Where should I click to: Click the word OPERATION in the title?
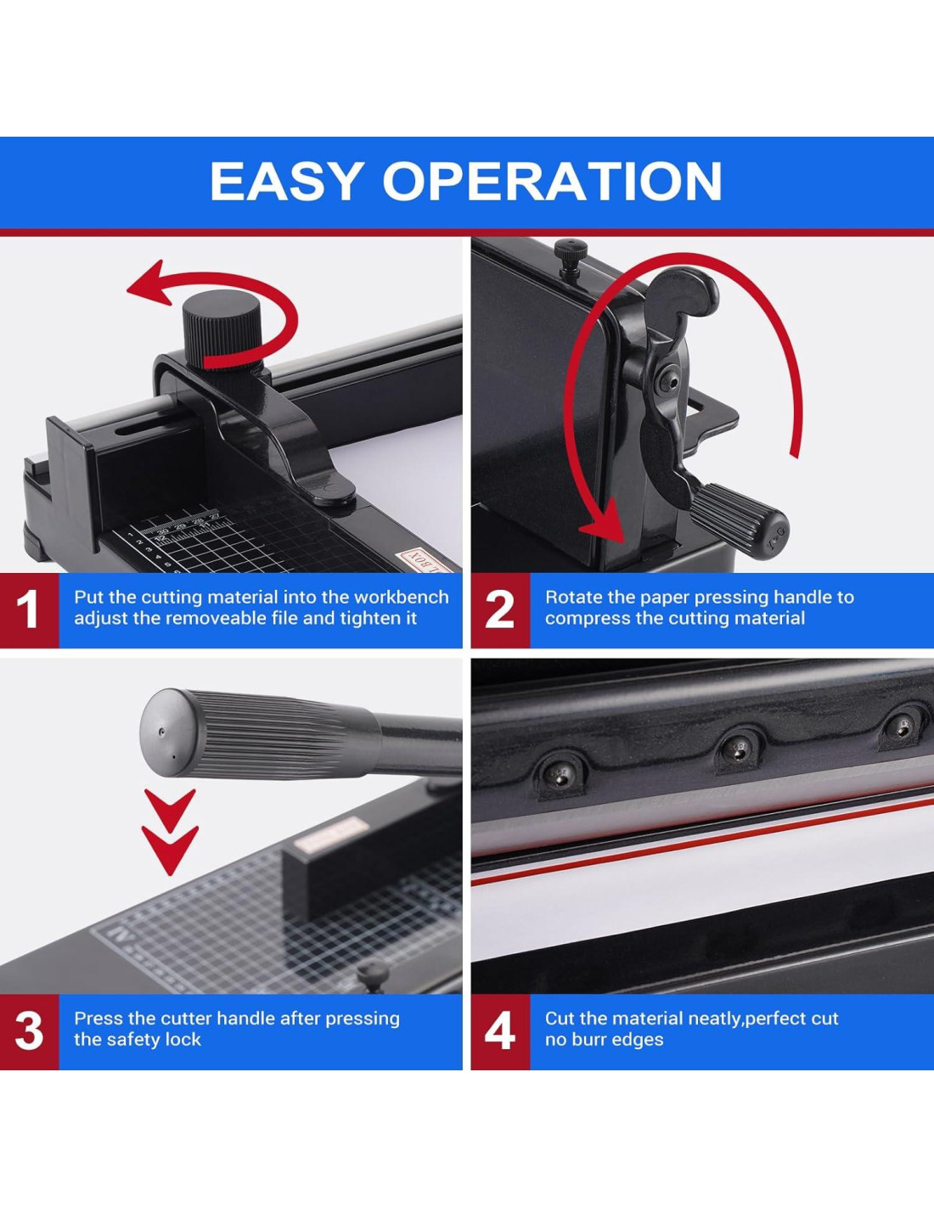553,181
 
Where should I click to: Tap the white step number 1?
27,609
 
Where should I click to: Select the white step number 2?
499,609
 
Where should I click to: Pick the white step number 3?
29,1031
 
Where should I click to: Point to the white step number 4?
499,1031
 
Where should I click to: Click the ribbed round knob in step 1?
221,328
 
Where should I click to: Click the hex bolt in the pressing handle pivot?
668,379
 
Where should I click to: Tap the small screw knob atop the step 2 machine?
571,255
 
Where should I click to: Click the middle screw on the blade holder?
738,750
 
